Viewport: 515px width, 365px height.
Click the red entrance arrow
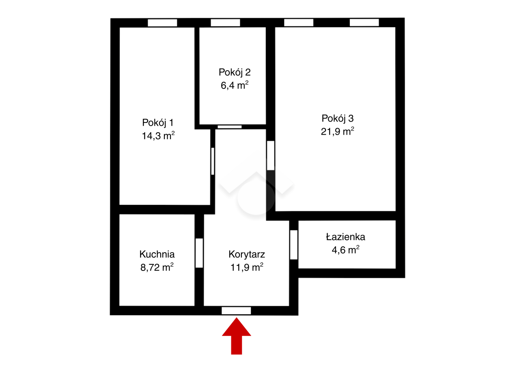pos(236,336)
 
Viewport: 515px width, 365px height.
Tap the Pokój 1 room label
pos(158,122)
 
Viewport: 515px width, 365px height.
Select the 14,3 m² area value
pos(158,135)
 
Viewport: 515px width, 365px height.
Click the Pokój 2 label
pos(235,72)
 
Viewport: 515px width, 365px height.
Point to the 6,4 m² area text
pos(235,85)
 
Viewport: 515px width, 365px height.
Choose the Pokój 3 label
pos(338,118)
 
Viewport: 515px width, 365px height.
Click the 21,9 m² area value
pos(338,131)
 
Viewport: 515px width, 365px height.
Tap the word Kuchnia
pos(157,254)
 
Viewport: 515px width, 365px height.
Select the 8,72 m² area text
pos(157,267)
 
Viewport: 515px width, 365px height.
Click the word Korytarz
pos(247,255)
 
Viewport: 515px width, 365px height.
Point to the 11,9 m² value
pos(247,267)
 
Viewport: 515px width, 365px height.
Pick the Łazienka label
pos(345,237)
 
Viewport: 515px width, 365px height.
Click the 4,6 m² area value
pos(345,250)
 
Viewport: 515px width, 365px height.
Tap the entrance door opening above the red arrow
pos(236,311)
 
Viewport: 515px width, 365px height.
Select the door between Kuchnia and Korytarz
pos(199,253)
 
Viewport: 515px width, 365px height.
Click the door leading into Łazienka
pos(293,245)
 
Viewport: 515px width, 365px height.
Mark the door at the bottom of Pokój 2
pos(230,127)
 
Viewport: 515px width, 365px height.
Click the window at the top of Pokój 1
pos(162,23)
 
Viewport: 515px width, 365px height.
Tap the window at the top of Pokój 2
pos(225,23)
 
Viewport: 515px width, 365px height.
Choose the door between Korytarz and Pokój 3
pos(271,155)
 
